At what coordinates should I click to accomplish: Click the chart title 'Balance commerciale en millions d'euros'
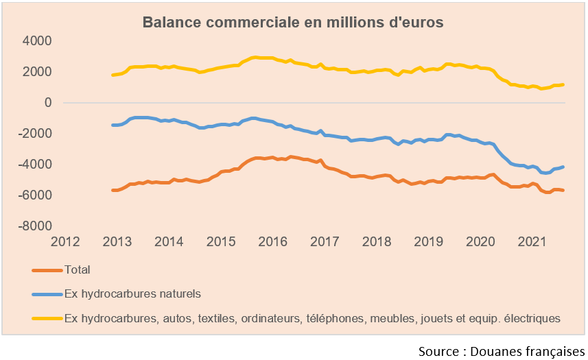pyautogui.click(x=293, y=22)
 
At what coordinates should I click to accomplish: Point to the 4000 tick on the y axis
pyautogui.click(x=38, y=41)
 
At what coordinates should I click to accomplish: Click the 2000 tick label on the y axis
pyautogui.click(x=38, y=72)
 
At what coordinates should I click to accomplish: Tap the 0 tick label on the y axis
pyautogui.click(x=48, y=103)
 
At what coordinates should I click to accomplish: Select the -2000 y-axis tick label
pyautogui.click(x=36, y=134)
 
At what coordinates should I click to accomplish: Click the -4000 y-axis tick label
pyautogui.click(x=36, y=165)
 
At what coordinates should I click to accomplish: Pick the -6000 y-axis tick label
pyautogui.click(x=36, y=195)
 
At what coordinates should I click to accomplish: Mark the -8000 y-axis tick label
pyautogui.click(x=36, y=226)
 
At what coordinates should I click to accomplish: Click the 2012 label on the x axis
pyautogui.click(x=66, y=242)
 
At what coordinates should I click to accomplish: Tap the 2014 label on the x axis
pyautogui.click(x=169, y=242)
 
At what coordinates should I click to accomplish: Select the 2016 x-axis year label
pyautogui.click(x=272, y=242)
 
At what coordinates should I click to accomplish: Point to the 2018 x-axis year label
pyautogui.click(x=376, y=242)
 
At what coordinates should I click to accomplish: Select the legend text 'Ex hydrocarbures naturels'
pyautogui.click(x=132, y=294)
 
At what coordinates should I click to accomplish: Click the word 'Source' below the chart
pyautogui.click(x=440, y=351)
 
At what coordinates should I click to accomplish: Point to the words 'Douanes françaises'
pyautogui.click(x=528, y=351)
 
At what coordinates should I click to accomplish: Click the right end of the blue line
pyautogui.click(x=563, y=167)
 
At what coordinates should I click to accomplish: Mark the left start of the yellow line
pyautogui.click(x=113, y=75)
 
